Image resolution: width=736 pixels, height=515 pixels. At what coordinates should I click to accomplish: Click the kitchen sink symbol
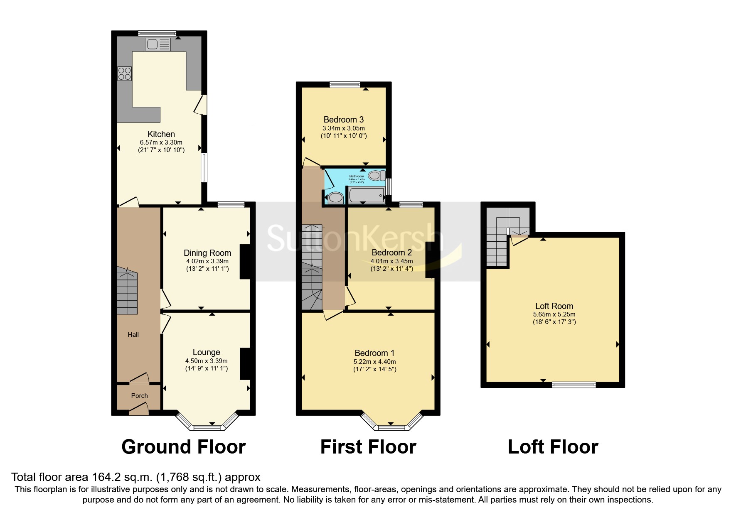(x=158, y=44)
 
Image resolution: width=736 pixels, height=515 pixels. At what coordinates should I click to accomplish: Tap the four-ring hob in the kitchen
(x=125, y=74)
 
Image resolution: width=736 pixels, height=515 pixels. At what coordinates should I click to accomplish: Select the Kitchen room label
(x=161, y=134)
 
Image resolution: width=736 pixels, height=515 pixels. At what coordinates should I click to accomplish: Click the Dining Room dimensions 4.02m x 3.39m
(x=207, y=261)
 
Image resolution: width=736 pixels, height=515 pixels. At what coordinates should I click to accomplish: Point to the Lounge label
(x=206, y=352)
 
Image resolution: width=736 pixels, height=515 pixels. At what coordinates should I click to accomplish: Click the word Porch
(x=140, y=396)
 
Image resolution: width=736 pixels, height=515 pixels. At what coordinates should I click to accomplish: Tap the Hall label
(x=133, y=335)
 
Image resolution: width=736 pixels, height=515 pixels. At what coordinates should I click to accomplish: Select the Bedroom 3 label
(x=344, y=120)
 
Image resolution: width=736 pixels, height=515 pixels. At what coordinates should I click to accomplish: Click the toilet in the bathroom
(x=376, y=176)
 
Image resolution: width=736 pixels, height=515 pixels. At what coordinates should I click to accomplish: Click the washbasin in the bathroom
(x=335, y=198)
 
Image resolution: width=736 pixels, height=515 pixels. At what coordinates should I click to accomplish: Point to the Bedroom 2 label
(x=391, y=253)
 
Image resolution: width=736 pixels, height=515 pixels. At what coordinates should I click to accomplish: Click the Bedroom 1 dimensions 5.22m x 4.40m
(x=375, y=362)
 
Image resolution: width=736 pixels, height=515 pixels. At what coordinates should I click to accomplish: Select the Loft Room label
(x=554, y=307)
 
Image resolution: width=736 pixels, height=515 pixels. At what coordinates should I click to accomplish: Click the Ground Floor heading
(x=183, y=447)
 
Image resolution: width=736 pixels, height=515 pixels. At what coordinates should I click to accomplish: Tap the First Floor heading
(x=368, y=447)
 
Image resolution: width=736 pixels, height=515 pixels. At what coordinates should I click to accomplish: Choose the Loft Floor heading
(x=553, y=447)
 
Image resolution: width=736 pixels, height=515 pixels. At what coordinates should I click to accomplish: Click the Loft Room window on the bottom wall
(x=574, y=385)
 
